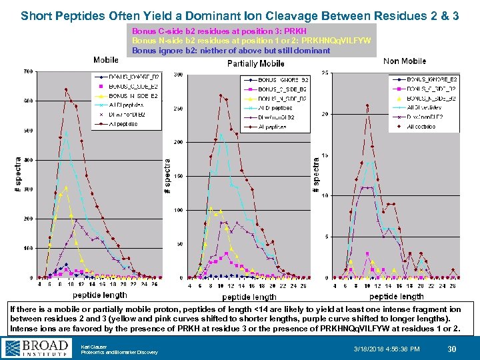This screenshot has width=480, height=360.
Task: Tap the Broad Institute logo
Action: coord(37,348)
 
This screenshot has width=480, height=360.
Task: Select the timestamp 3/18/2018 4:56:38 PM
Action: coord(387,349)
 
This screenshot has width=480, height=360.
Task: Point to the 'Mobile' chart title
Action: coord(106,61)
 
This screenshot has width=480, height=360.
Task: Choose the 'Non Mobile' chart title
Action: coord(405,61)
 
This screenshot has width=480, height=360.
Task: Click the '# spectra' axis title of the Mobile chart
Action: coord(18,175)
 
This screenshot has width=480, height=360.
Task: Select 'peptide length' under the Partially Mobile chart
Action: coord(249,296)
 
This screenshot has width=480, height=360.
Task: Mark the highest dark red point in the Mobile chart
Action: coord(65,89)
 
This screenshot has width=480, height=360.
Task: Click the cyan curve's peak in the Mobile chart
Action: coord(66,132)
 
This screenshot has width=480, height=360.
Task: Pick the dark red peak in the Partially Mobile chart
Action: coord(221,95)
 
